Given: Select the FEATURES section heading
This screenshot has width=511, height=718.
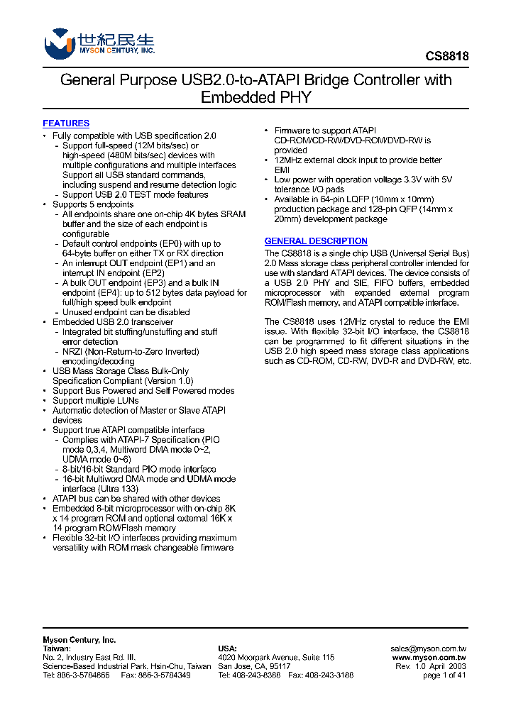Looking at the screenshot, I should click(x=66, y=123).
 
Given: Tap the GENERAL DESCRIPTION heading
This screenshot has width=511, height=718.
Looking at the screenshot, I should click(x=316, y=241).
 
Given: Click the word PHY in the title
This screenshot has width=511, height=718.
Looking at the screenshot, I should click(x=295, y=97).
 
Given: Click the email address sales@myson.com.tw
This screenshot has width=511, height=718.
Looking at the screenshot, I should click(x=428, y=648).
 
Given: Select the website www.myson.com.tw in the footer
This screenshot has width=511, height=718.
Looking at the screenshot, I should click(x=429, y=658).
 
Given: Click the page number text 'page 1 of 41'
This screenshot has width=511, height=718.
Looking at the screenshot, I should click(x=444, y=675).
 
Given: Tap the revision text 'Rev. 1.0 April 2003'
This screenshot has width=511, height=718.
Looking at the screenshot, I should click(x=430, y=666).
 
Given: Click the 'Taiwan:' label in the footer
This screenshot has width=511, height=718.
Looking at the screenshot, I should click(x=57, y=648).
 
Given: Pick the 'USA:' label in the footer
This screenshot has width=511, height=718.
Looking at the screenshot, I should click(x=227, y=648).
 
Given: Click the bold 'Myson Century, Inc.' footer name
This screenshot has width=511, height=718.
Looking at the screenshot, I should click(x=79, y=639).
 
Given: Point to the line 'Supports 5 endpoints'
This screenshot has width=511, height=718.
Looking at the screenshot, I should click(x=93, y=204).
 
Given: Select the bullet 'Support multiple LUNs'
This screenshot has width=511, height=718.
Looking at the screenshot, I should click(x=96, y=400).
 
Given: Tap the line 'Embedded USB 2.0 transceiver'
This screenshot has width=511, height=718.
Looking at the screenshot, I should click(x=113, y=322).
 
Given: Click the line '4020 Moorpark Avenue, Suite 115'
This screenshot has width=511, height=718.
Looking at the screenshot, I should click(x=275, y=658).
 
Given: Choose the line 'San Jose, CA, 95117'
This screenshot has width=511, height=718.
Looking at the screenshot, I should click(x=254, y=666).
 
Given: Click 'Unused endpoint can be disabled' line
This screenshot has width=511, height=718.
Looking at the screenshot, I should click(x=126, y=312).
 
